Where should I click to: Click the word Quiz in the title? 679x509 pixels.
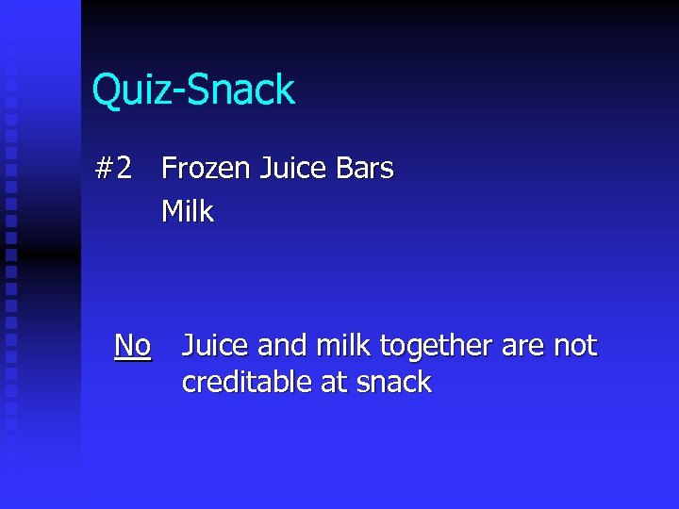pos(128,90)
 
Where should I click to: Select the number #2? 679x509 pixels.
pos(114,169)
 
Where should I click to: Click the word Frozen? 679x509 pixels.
pos(204,169)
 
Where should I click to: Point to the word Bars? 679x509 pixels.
pos(364,169)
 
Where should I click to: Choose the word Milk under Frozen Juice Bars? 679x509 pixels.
pos(188,211)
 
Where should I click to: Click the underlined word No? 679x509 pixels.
pos(132,346)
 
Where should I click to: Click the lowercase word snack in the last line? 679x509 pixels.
pos(393,382)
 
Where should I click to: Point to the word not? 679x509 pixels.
pos(574,346)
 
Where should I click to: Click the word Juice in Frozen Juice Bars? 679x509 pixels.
pos(292,169)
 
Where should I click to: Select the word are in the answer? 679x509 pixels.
pos(522,347)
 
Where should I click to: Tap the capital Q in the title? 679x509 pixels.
pos(105,90)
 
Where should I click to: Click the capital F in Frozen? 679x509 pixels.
pos(169,169)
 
